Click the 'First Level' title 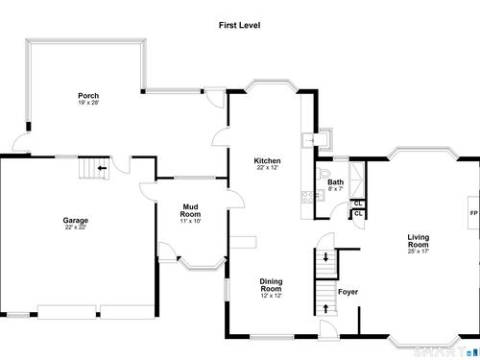239,25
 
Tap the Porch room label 88,96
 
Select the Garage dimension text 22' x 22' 76,228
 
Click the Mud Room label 190,210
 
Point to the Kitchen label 267,160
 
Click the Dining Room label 271,285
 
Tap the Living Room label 419,241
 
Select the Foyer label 348,292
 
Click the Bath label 335,182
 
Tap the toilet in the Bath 323,173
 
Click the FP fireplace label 473,213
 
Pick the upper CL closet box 358,204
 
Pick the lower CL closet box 358,214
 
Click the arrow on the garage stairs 102,168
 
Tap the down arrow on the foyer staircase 325,257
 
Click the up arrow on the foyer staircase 325,308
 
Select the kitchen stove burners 307,197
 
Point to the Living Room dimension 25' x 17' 419,252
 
